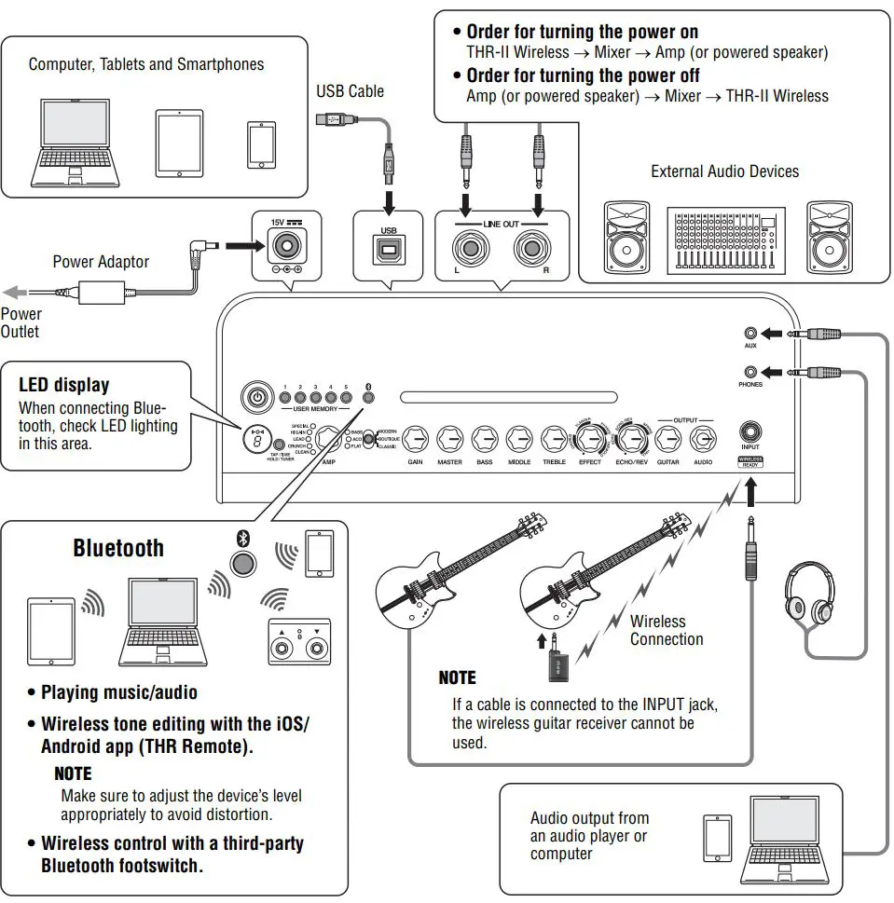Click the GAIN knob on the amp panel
click(x=416, y=437)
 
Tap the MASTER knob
click(x=449, y=437)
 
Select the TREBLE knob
click(x=554, y=437)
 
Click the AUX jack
click(x=750, y=333)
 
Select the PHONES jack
click(x=750, y=371)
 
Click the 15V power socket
click(x=286, y=247)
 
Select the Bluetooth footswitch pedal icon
click(x=299, y=641)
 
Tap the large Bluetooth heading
click(x=118, y=548)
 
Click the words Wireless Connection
click(x=666, y=631)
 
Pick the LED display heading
click(x=64, y=385)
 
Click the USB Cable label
click(x=350, y=90)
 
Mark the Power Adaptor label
click(x=101, y=262)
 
